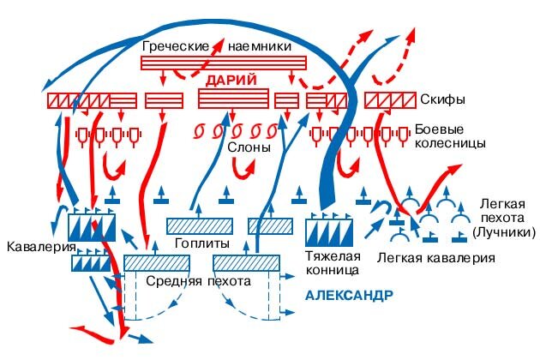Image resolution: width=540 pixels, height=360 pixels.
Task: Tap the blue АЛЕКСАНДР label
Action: point(349,295)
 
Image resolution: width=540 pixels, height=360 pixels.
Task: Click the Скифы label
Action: point(443,100)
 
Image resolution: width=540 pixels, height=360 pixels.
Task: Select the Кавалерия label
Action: point(36,248)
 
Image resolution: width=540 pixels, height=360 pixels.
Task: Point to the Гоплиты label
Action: point(200,243)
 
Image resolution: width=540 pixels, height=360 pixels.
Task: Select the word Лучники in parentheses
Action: point(505,232)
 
